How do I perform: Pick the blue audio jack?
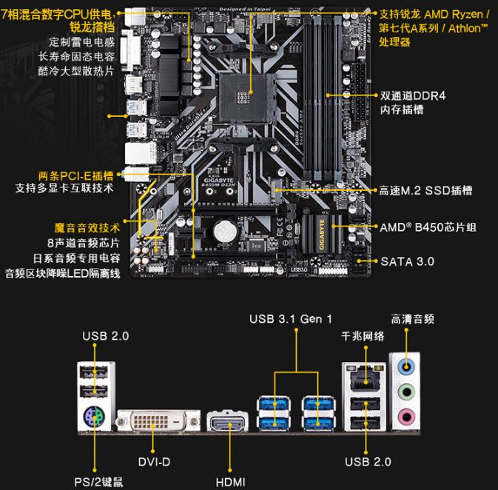pos(404,365)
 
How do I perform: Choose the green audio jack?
pos(404,392)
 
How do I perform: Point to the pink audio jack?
pos(404,417)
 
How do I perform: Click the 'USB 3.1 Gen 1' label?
pos(291,319)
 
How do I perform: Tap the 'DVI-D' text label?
pos(154,463)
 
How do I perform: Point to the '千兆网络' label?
pos(363,336)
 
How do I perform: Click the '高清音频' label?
pos(412,319)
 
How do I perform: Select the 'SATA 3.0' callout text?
pos(407,261)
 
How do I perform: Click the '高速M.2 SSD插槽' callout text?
pos(425,191)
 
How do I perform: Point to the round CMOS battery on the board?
pos(222,232)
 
